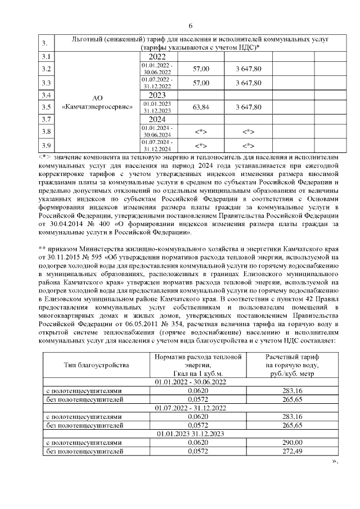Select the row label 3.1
47,57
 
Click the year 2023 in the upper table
157,95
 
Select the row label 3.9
47,145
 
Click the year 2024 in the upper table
157,119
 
